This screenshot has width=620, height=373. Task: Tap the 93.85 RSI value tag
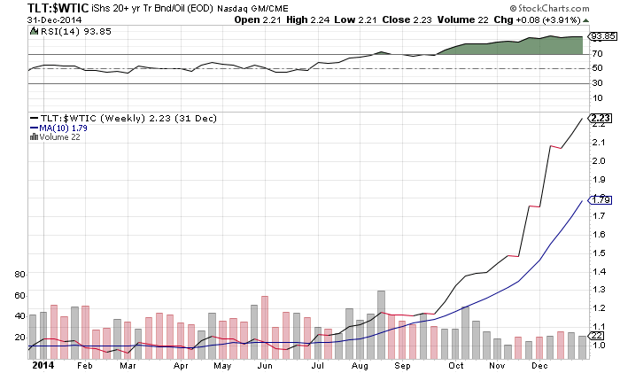603,37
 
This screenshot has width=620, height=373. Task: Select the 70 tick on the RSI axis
598,54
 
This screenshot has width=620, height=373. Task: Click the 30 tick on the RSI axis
598,83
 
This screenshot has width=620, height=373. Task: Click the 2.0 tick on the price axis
600,160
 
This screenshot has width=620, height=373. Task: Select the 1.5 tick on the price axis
600,253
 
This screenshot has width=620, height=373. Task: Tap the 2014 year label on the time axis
42,365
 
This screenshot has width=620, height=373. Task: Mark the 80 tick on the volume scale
18,275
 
